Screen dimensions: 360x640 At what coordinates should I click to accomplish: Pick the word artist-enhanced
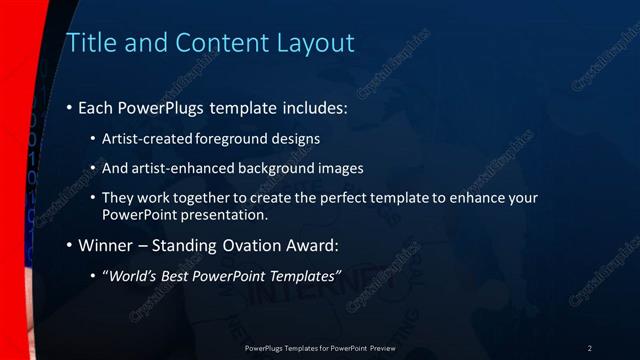[x=189, y=168]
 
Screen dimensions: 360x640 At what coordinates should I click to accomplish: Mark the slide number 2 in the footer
[x=590, y=348]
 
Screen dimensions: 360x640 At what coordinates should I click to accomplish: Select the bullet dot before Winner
[x=69, y=244]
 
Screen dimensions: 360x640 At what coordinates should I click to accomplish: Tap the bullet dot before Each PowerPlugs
[x=69, y=108]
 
